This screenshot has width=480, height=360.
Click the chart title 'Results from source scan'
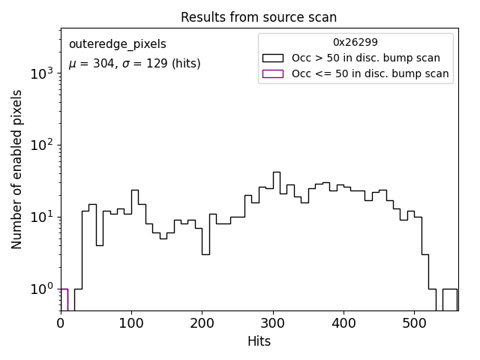pos(259,17)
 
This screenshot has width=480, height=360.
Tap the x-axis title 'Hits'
pos(259,342)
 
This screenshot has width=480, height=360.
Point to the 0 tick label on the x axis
pos(61,324)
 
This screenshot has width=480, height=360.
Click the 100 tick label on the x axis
pos(131,324)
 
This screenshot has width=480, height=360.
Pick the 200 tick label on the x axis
pos(202,324)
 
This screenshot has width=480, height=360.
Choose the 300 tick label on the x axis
pos(273,324)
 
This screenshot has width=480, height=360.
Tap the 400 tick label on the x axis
pos(343,324)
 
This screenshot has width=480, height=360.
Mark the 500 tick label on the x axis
pos(414,324)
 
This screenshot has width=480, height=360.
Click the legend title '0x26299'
pos(355,43)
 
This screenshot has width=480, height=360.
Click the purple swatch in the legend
pos(273,73)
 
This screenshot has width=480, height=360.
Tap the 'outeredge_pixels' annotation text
pos(118,44)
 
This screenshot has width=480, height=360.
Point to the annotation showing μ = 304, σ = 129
pos(135,64)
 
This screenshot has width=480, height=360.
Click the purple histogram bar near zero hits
pos(64,298)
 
